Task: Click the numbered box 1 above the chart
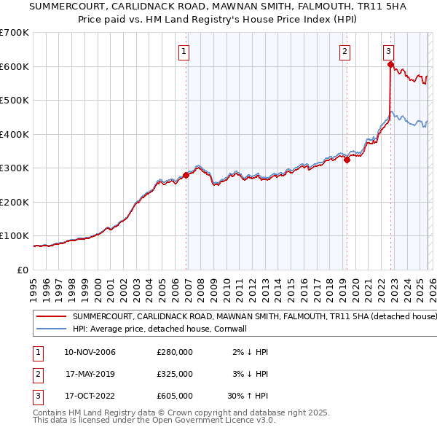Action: coord(184,51)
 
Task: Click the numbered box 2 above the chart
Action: coord(344,51)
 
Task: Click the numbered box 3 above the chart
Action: coord(388,51)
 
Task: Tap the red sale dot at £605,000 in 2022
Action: coord(390,65)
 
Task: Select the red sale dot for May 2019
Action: coord(347,160)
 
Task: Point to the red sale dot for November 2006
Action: coord(186,175)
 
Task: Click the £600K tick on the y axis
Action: coord(15,66)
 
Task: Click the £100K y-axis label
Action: coord(15,236)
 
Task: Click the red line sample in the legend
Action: coord(52,317)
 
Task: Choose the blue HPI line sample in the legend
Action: coord(52,329)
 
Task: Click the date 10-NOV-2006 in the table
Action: coord(90,352)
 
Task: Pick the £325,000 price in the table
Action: coord(175,374)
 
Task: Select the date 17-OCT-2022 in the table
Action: coord(90,396)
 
